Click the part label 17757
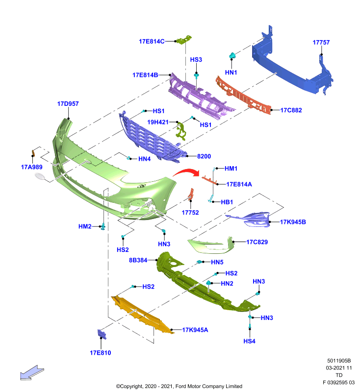click(321, 43)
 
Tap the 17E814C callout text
click(152, 42)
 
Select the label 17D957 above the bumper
click(68, 104)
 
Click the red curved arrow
click(186, 172)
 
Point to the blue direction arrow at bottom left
click(32, 373)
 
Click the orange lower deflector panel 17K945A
click(141, 315)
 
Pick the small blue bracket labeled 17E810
click(102, 334)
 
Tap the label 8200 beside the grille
click(204, 156)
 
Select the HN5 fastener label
click(217, 262)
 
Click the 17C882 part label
click(291, 110)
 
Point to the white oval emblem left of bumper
click(40, 176)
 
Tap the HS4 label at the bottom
click(250, 341)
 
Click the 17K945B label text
click(293, 222)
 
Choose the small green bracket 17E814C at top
click(184, 40)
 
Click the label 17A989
click(31, 167)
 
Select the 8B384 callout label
click(138, 260)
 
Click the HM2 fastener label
click(85, 226)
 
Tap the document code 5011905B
click(339, 361)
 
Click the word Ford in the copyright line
click(181, 386)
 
